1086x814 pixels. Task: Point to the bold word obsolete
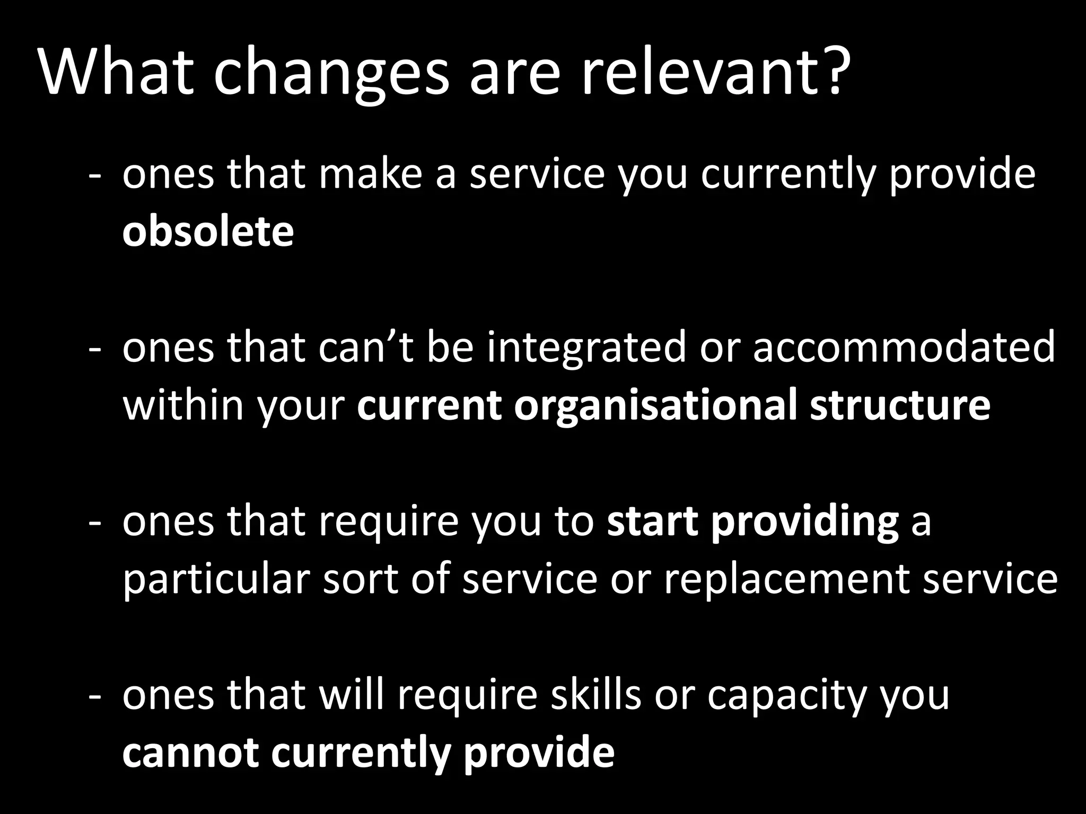(x=208, y=231)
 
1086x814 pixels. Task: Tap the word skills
(x=595, y=694)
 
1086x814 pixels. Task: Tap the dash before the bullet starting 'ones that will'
(x=95, y=696)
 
